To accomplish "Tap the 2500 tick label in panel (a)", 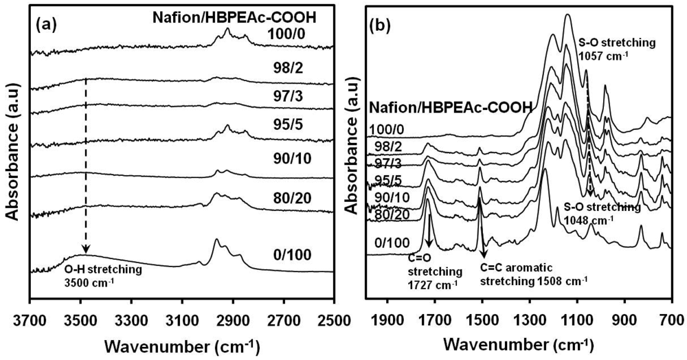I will pyautogui.click(x=333, y=319).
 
